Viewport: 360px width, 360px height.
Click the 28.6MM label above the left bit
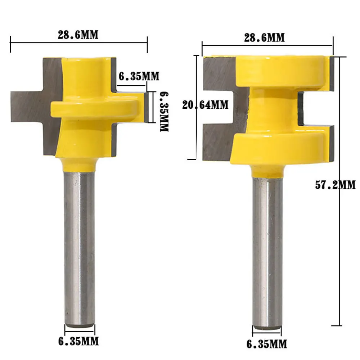(x=78, y=35)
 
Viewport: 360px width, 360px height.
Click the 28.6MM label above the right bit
(x=264, y=38)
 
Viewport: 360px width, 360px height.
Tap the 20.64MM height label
(x=206, y=105)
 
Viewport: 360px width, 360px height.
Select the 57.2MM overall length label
(x=335, y=185)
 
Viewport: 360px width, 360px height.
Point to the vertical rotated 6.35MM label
(x=164, y=112)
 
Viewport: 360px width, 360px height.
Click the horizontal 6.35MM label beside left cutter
(x=139, y=76)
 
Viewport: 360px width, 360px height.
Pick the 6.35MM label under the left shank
(x=78, y=341)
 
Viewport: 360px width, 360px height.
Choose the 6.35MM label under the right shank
(x=267, y=344)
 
